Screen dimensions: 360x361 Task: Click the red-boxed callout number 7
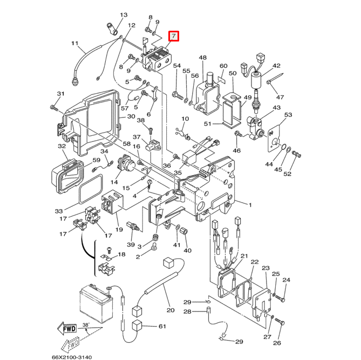coord(174,37)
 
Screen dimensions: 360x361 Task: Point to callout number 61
coord(162,327)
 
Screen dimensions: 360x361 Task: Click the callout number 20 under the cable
coord(171,310)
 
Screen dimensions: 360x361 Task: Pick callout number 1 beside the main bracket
coord(250,205)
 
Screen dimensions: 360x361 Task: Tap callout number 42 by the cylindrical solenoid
coord(276,66)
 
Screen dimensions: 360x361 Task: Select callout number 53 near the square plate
coord(288,115)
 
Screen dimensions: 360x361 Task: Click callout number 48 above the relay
coord(202,58)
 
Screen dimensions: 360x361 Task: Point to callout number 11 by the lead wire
coord(75,43)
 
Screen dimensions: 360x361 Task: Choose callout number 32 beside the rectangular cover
coord(62,146)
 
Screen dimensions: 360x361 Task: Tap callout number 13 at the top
coord(124,15)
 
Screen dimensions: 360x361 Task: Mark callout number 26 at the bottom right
coord(277,343)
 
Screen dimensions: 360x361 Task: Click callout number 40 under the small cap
coord(187,251)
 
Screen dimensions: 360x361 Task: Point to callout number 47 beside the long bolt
coord(280,97)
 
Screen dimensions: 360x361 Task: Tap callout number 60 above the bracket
coord(223,66)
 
